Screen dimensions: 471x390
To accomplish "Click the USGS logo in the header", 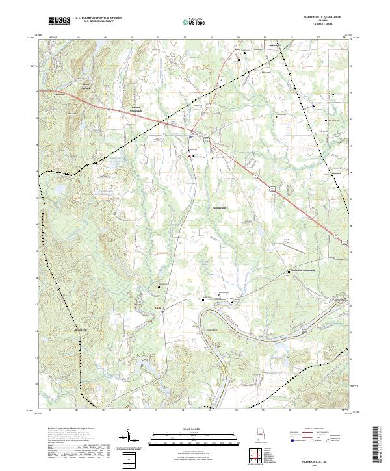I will pos(58,21).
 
